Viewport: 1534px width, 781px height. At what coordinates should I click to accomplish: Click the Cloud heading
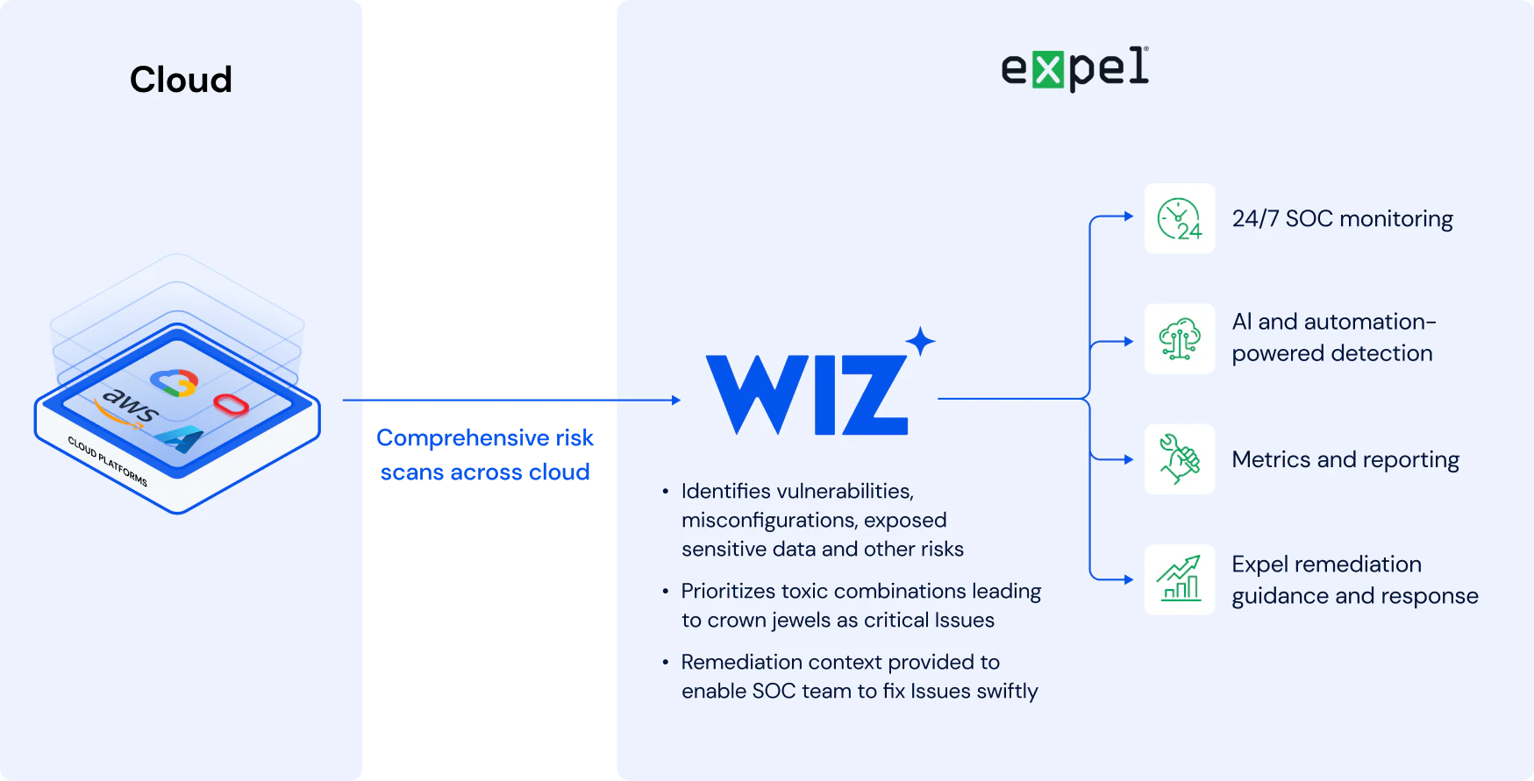tap(181, 80)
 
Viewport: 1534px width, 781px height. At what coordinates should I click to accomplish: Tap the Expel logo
tap(1074, 68)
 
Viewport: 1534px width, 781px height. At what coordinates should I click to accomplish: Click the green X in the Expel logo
tap(1047, 69)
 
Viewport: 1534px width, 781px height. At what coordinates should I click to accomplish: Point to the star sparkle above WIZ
tap(920, 341)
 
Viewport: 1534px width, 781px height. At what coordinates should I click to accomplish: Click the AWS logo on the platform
tap(127, 408)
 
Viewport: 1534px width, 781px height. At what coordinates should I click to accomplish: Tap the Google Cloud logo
tap(175, 382)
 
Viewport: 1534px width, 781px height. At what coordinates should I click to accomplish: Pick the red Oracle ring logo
tap(231, 405)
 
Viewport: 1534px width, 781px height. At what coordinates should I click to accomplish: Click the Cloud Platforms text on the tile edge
tap(108, 461)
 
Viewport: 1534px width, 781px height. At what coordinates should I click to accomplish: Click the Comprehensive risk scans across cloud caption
tap(485, 454)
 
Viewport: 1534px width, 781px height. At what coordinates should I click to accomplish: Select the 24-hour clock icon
tap(1180, 219)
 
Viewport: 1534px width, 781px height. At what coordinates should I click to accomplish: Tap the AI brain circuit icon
tap(1180, 339)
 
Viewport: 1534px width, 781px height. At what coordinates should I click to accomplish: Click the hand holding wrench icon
tap(1180, 459)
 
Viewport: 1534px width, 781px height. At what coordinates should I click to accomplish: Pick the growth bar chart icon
tap(1180, 579)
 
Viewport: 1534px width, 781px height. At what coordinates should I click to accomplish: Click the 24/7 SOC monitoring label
tap(1342, 219)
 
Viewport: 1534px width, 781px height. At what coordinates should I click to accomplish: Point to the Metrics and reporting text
tap(1345, 459)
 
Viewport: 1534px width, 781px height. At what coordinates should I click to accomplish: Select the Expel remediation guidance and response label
tap(1355, 579)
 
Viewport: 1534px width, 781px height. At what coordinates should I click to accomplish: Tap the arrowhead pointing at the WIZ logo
tap(676, 400)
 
